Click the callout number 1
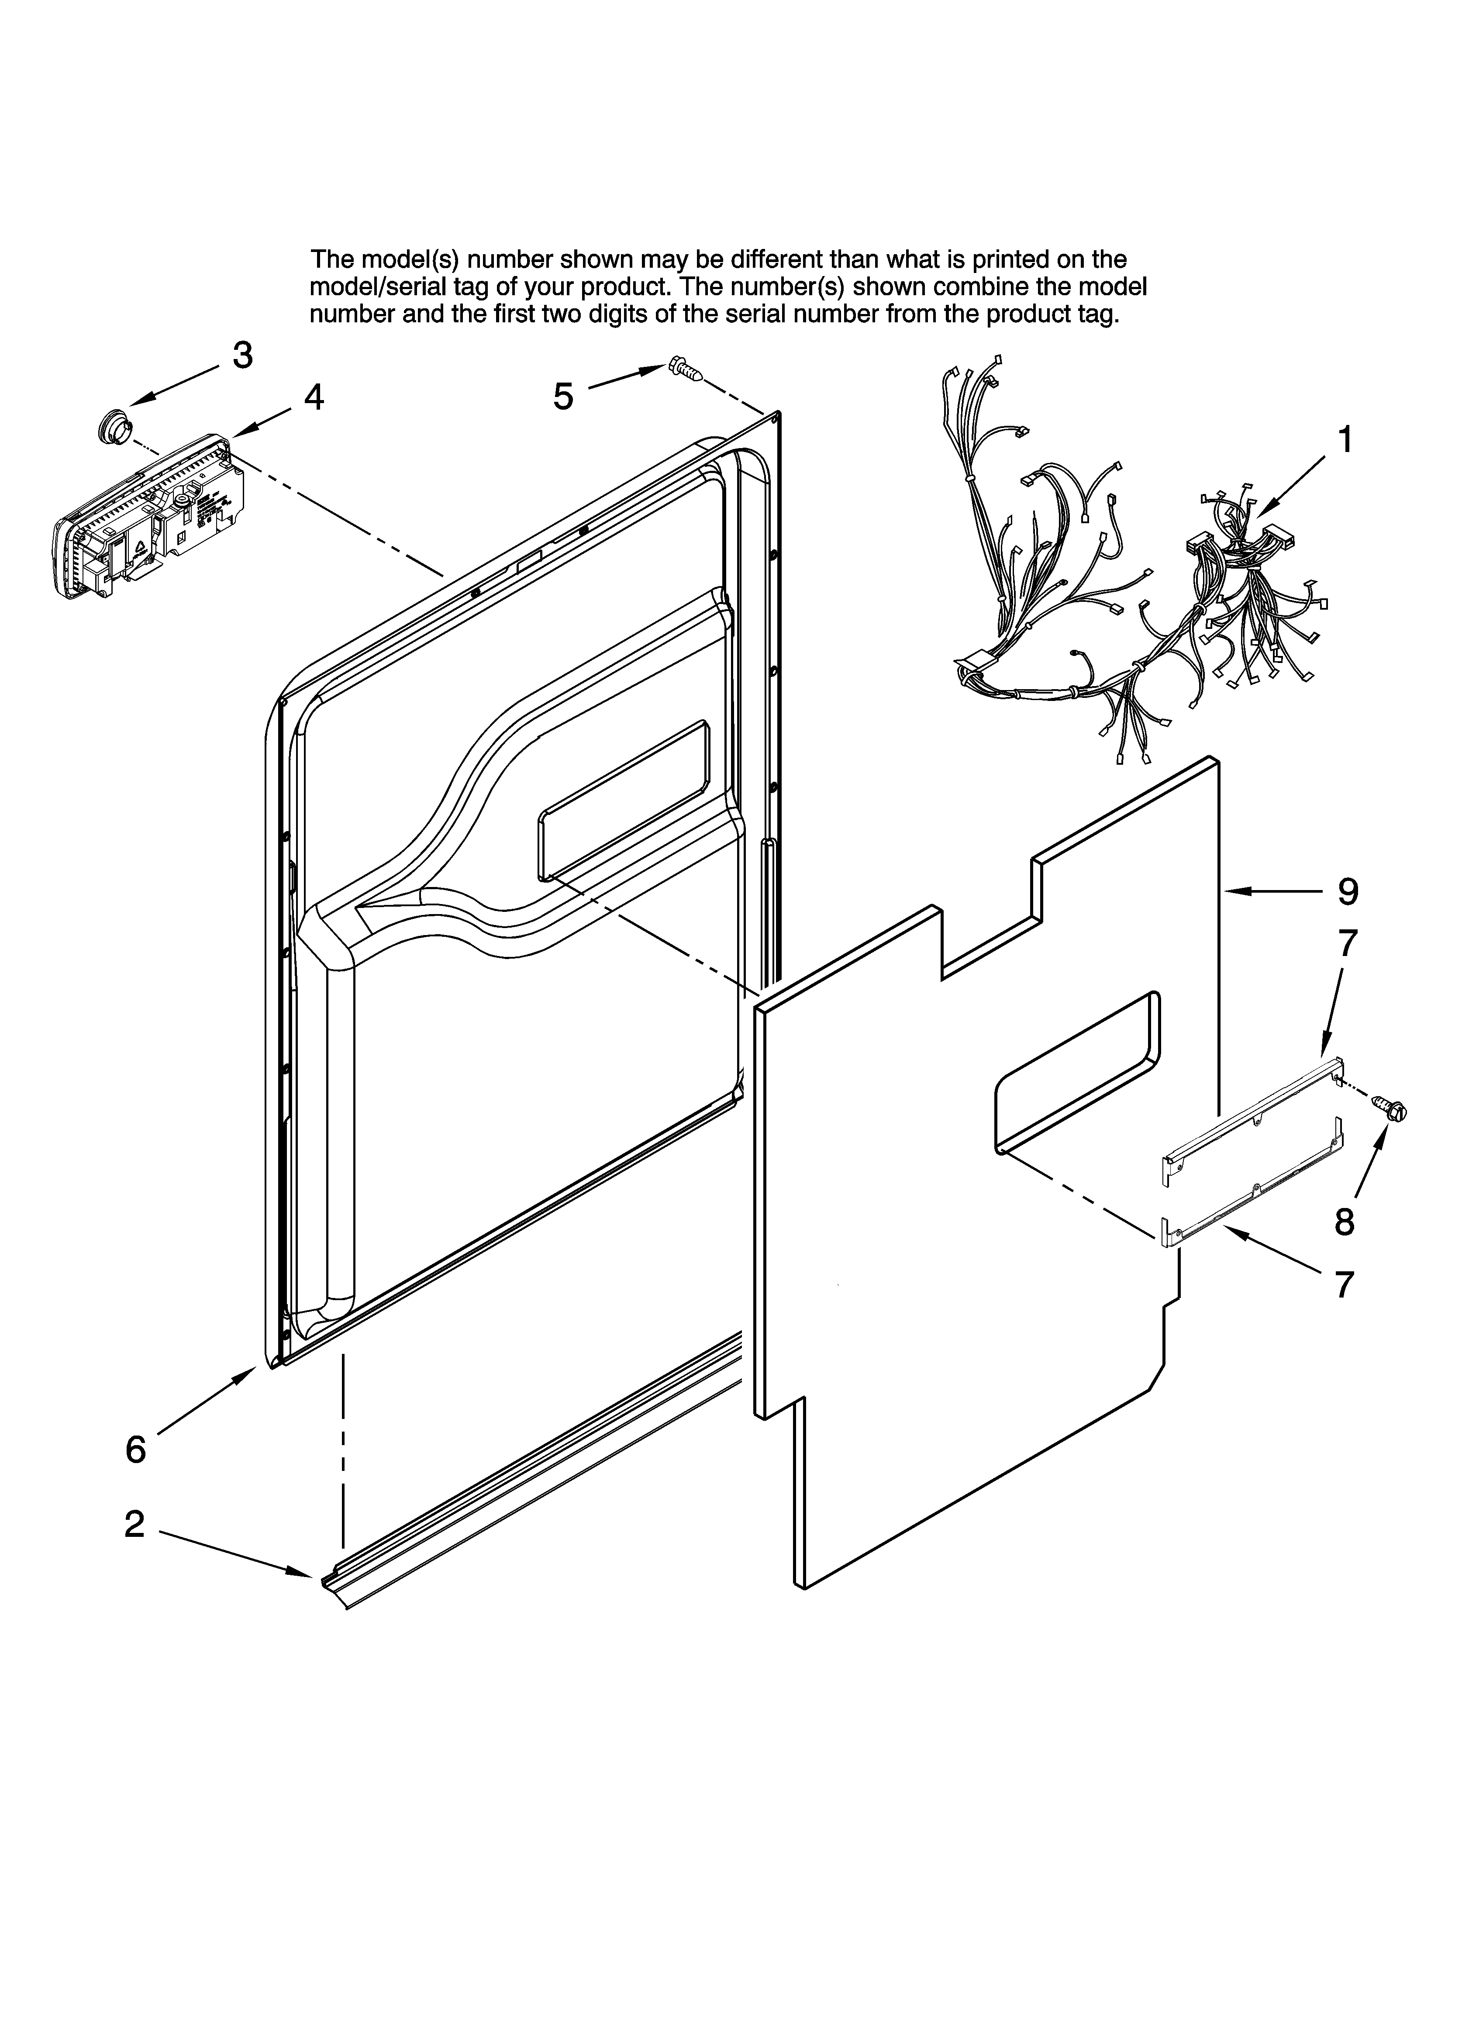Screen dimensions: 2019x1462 point(1345,440)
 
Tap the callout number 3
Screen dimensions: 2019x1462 point(242,355)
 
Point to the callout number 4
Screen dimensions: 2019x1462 point(314,397)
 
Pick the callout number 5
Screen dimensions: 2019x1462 point(563,396)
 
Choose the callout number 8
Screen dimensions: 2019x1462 point(1345,1222)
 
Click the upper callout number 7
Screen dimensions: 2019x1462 point(1348,943)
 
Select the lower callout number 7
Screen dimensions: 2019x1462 point(1345,1284)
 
